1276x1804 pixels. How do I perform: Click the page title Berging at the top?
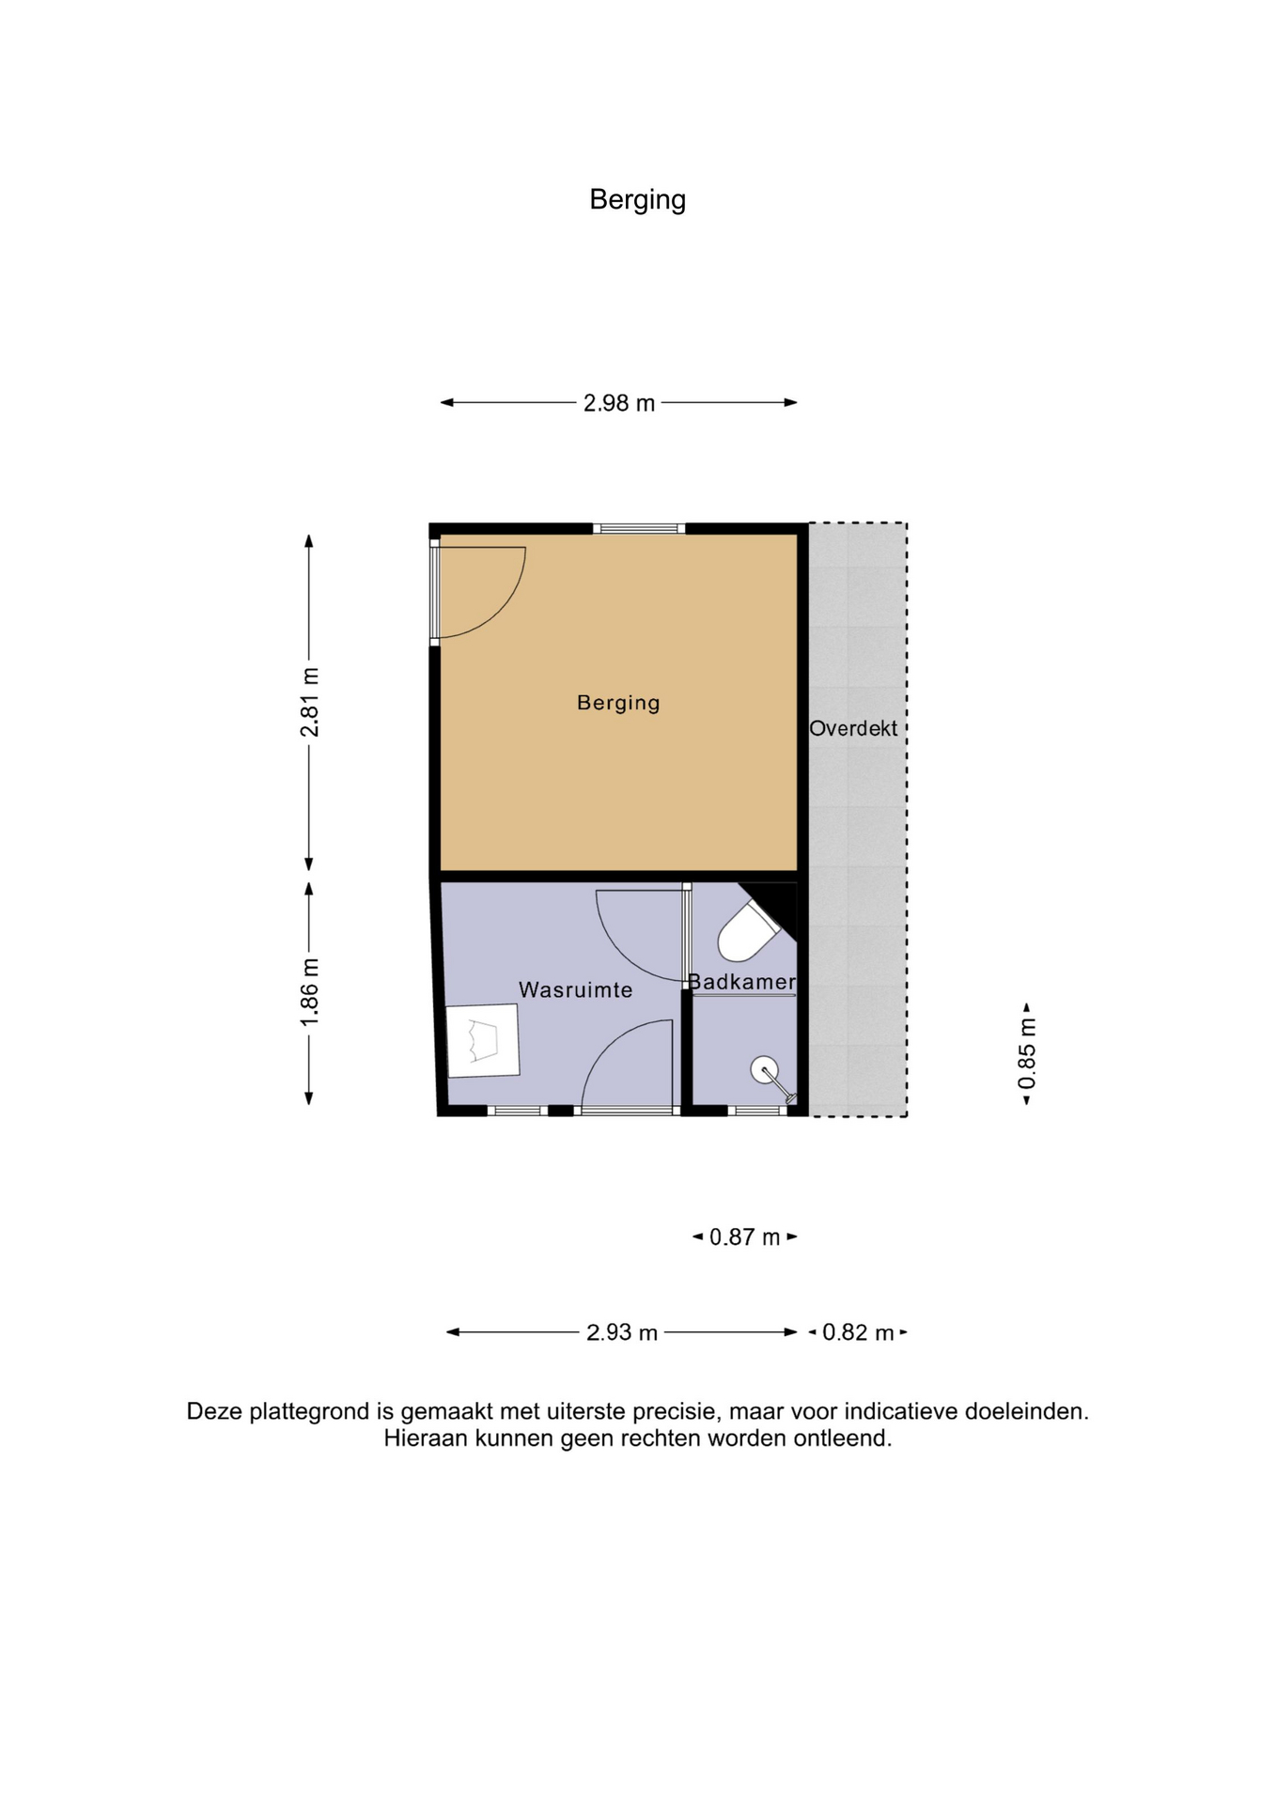[637, 200]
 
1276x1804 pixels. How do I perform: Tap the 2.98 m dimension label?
[619, 403]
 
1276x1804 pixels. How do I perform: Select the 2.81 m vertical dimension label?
[309, 702]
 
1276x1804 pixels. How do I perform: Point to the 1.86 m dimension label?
[309, 992]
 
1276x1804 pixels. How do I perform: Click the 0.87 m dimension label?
[745, 1237]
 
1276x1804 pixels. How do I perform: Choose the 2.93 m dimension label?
[622, 1332]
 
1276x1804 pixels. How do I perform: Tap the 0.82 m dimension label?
[858, 1332]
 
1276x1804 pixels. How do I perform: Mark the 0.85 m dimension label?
[1027, 1054]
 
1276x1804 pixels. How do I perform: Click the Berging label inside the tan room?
[618, 703]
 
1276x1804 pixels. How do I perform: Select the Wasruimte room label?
[576, 989]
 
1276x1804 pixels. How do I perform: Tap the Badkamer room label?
[742, 982]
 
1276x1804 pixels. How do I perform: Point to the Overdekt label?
[853, 728]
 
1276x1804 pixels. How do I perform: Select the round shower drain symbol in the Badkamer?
[764, 1070]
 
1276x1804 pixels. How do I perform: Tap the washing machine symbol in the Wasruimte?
[483, 1040]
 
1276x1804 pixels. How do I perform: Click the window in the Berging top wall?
[639, 528]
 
